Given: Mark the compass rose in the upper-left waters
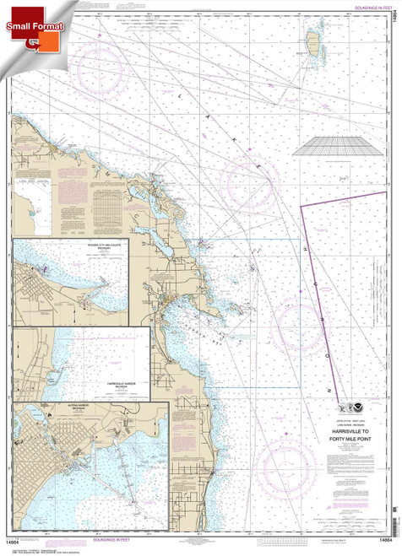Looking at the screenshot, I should click(102, 68).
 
